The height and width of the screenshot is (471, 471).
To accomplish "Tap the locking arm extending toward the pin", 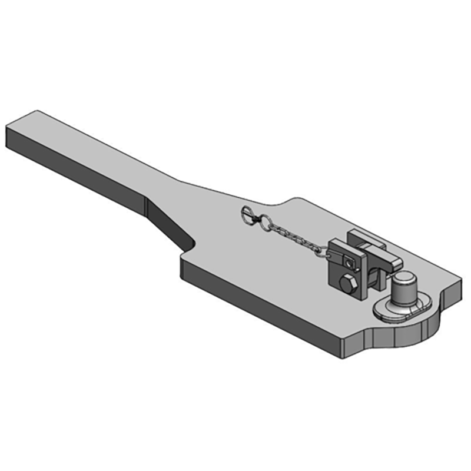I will coord(390,264).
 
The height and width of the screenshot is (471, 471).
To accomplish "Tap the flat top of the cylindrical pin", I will coord(405,277).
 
